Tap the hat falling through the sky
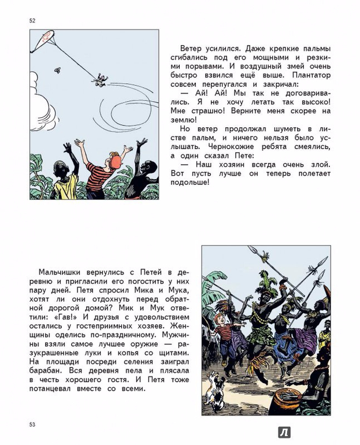click(x=58, y=70)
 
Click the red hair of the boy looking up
click(x=116, y=160)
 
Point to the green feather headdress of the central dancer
click(x=269, y=287)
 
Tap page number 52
click(x=32, y=21)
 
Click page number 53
click(x=32, y=425)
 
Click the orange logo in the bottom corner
click(x=284, y=432)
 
